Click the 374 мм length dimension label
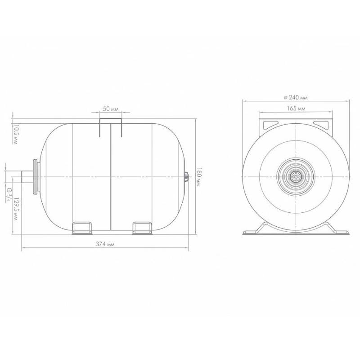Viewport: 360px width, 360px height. [105, 244]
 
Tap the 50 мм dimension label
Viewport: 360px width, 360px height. [111, 109]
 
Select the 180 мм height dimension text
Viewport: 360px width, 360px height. [198, 176]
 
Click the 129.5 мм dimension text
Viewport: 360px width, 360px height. [15, 209]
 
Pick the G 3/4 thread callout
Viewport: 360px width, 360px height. [9, 194]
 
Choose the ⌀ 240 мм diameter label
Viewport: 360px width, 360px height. [296, 98]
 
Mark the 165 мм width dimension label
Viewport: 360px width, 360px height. [296, 108]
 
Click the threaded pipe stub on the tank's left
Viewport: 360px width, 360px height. [27, 177]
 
